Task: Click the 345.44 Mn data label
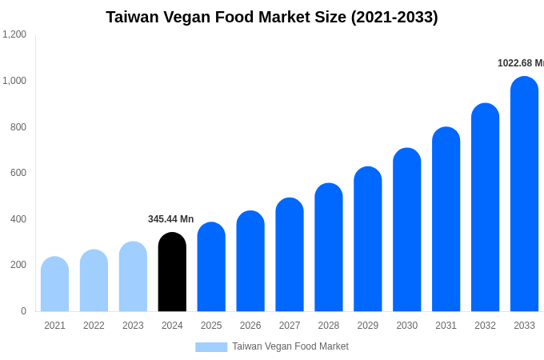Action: click(x=170, y=219)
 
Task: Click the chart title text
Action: click(x=272, y=17)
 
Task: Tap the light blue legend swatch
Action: click(x=211, y=346)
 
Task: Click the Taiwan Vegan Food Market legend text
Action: click(x=290, y=346)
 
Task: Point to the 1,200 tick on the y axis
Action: click(x=14, y=34)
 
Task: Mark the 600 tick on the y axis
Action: click(x=18, y=173)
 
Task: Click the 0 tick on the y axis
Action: click(x=23, y=311)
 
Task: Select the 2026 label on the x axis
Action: click(x=250, y=326)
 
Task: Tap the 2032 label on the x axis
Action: click(x=485, y=326)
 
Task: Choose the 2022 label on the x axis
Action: click(x=94, y=326)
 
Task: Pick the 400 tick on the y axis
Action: click(x=18, y=219)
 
